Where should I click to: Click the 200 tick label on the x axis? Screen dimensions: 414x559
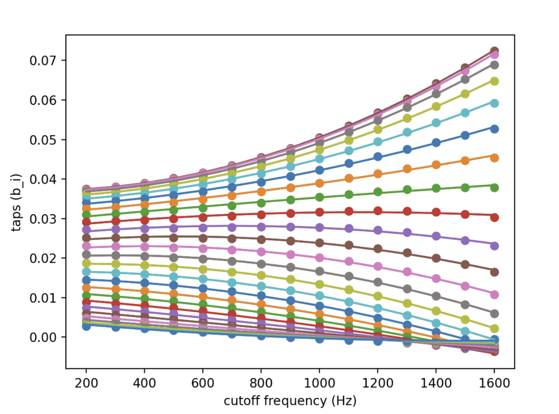tap(86, 383)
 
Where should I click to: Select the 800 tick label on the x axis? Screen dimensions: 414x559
tap(261, 383)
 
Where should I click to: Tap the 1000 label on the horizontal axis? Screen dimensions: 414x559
tap(319, 383)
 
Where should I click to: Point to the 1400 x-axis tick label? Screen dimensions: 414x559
tap(436, 383)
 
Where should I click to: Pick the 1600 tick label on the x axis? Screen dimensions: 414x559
tap(494, 383)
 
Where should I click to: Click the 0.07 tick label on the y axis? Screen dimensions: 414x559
tap(42, 61)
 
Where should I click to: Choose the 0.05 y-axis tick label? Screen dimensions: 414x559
tap(42, 140)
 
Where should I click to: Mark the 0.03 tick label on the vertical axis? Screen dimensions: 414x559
tap(42, 219)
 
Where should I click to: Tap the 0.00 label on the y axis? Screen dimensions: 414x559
tap(42, 337)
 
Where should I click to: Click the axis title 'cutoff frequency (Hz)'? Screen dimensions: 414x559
tap(290, 401)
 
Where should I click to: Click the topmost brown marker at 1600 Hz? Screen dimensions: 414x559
tap(494, 51)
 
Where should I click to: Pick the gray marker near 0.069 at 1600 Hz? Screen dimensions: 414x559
tap(494, 65)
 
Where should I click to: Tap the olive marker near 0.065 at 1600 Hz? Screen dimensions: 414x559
tap(494, 81)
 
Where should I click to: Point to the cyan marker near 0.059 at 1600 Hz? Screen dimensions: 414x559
tap(494, 103)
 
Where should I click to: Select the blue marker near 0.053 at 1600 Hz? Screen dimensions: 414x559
tap(494, 129)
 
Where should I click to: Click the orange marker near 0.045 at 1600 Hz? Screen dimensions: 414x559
tap(494, 158)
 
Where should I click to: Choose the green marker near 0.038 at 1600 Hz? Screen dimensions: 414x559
tap(494, 187)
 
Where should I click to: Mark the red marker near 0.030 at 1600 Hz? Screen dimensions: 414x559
tap(494, 217)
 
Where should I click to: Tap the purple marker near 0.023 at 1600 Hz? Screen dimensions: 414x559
tap(494, 246)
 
